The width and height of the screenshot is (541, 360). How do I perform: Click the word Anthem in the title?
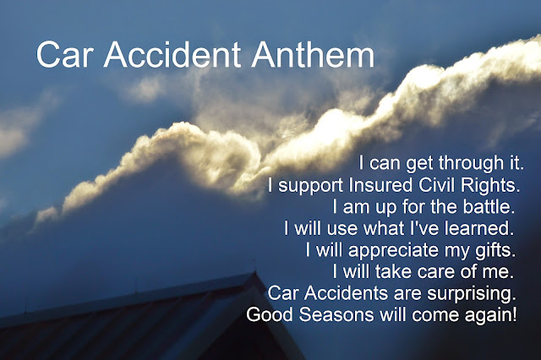coord(313,54)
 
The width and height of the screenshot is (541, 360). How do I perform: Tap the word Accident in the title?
coord(172,54)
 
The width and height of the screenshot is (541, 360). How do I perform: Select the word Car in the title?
coord(65,54)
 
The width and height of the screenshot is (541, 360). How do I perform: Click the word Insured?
coord(380,185)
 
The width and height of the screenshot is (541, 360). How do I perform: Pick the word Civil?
coord(436,185)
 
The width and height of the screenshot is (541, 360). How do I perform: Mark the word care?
coord(435,272)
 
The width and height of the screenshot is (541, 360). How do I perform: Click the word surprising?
coord(472,294)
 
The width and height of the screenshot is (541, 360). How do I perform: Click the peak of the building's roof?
coord(255,272)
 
